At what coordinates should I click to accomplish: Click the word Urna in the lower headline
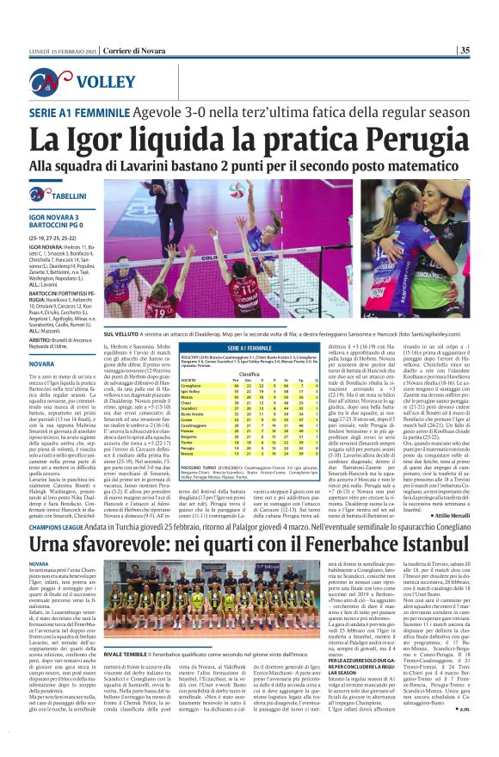tap(57, 522)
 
